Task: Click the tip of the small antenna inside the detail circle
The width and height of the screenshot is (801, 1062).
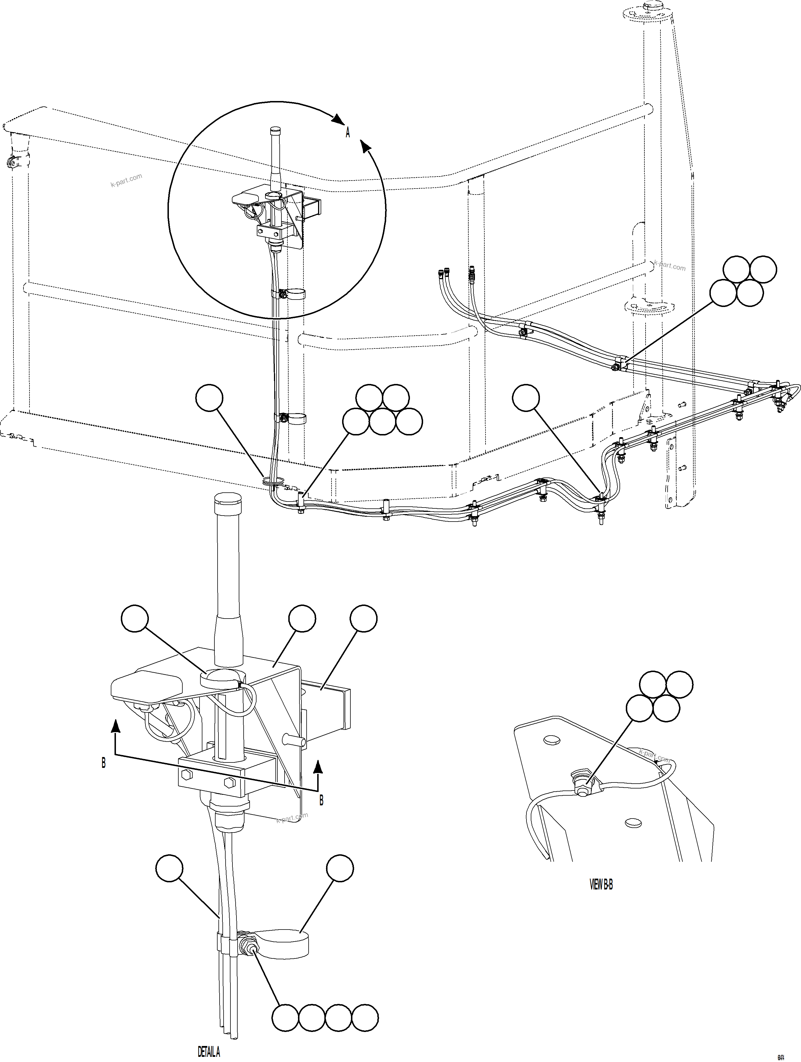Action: click(275, 130)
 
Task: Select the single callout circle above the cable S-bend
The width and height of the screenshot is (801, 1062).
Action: click(526, 397)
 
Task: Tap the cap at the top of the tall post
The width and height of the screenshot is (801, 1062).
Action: click(652, 7)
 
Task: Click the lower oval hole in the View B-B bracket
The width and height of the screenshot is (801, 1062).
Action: click(633, 823)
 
